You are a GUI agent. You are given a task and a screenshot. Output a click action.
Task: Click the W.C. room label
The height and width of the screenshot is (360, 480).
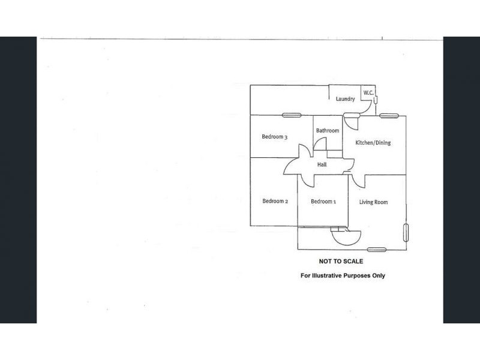coord(368,92)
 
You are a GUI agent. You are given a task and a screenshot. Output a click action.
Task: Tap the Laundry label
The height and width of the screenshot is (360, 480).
coord(346,99)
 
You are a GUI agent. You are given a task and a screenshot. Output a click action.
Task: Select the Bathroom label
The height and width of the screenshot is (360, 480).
coord(328,131)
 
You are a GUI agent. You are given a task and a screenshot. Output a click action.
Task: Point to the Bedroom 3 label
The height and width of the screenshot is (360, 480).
coord(275,137)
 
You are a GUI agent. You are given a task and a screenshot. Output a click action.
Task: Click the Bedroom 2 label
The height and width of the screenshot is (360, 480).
coord(275,201)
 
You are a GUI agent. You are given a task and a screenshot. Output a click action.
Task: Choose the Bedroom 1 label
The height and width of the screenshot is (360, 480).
coord(323,202)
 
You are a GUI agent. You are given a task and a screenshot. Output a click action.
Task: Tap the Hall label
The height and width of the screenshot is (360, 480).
coord(322,164)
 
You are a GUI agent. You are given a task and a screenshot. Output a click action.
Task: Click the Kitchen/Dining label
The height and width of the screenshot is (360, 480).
coord(373,143)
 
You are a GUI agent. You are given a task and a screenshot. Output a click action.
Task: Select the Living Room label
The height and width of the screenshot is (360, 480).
coord(373,202)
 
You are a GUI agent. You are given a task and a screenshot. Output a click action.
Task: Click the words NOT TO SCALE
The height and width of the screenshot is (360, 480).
coord(341,262)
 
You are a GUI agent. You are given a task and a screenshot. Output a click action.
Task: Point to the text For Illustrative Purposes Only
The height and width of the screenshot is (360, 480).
coord(343,275)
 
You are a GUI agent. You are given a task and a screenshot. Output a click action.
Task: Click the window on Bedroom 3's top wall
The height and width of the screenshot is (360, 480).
coord(292,115)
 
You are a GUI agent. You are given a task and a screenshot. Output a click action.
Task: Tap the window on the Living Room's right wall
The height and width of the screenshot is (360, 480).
coord(406,233)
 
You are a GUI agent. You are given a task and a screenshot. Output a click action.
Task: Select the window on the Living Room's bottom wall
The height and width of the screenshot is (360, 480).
coord(377,250)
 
